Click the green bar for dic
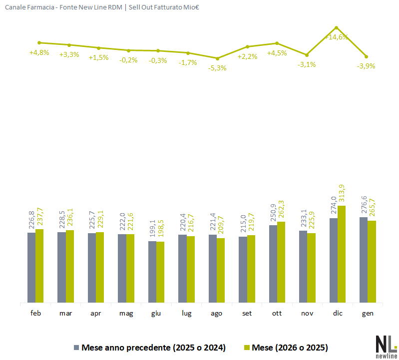(342, 254)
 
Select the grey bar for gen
(364, 260)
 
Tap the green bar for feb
(39, 266)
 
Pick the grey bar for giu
(152, 272)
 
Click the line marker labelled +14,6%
(337, 27)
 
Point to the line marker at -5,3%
(217, 58)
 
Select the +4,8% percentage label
(39, 52)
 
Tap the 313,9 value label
(343, 192)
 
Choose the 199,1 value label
(152, 229)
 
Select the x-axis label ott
(277, 314)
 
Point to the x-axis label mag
(126, 314)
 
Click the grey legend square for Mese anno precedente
(76, 347)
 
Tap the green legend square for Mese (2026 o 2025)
(247, 347)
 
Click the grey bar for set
(243, 270)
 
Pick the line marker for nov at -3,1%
(307, 55)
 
